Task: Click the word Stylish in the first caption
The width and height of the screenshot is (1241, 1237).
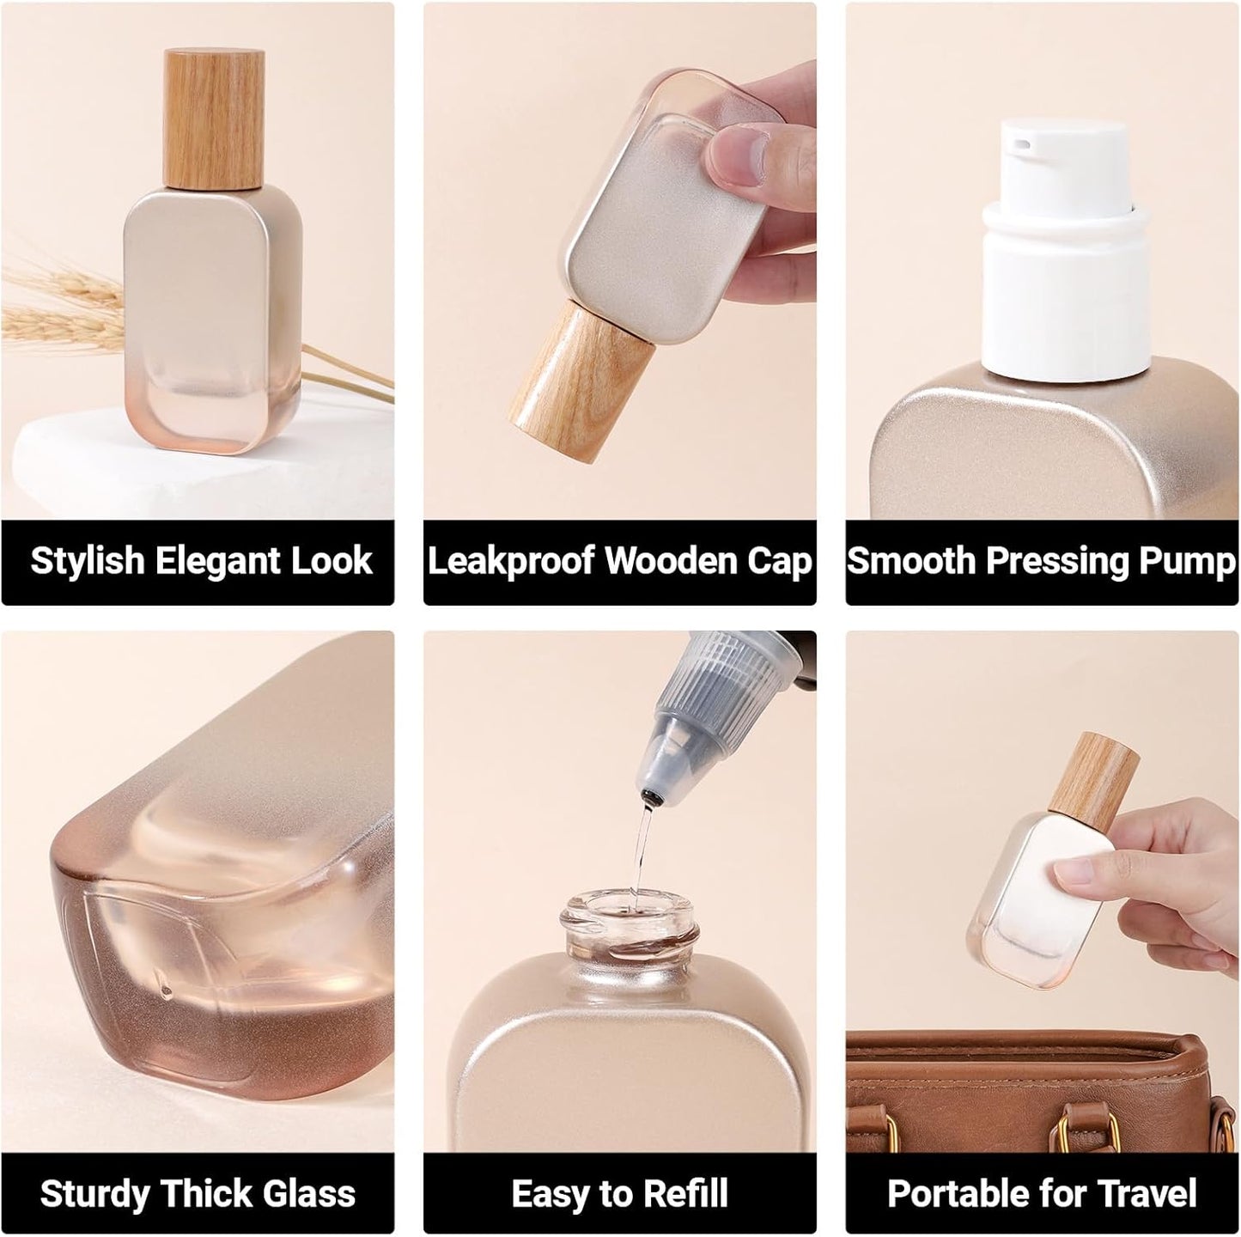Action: coord(87,561)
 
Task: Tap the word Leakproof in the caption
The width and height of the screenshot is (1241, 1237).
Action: coord(511,561)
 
